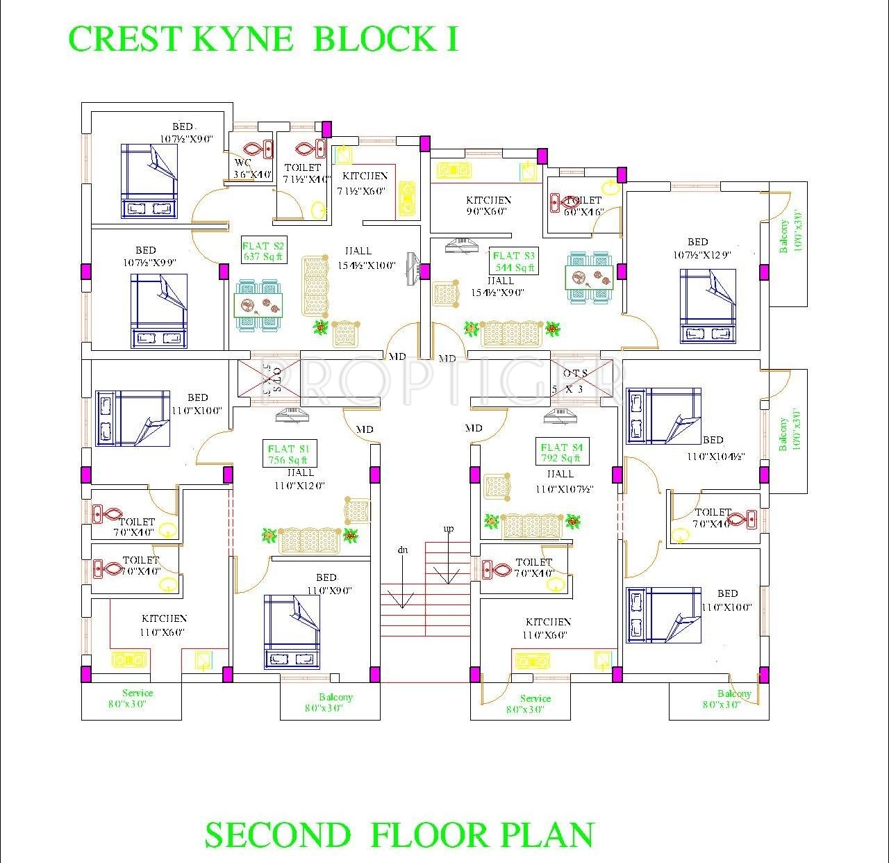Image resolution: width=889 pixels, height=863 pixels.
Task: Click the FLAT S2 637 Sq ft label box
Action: [263, 250]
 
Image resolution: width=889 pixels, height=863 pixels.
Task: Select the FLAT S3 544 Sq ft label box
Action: [514, 261]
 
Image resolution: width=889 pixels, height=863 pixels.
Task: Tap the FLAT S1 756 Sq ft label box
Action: [288, 454]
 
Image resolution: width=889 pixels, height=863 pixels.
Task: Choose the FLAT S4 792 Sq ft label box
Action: [561, 452]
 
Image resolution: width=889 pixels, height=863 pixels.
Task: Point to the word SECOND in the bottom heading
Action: [278, 835]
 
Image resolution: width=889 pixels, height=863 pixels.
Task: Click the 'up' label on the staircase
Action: [449, 529]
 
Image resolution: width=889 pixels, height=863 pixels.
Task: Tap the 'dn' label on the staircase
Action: [402, 550]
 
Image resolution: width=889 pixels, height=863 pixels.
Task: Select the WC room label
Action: [242, 163]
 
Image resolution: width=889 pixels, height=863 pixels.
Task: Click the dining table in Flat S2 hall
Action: [258, 304]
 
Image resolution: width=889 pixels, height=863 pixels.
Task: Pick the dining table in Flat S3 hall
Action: [590, 278]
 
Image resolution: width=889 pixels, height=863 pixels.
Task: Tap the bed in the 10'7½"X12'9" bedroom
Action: [707, 306]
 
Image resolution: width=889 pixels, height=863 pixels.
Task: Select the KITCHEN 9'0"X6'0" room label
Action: [488, 205]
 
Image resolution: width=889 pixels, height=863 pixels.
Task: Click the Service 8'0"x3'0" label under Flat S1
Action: [138, 698]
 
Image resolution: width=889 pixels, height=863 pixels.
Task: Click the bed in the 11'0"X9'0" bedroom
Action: [292, 632]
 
